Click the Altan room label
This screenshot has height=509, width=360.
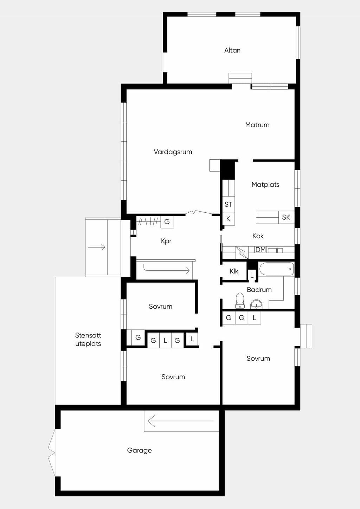232,50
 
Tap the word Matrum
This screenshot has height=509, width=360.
257,125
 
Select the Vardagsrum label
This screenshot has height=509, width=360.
173,152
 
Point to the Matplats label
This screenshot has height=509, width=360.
265,185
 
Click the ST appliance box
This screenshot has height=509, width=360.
229,204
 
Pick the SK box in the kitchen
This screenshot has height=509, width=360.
287,217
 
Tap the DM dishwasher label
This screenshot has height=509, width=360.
261,250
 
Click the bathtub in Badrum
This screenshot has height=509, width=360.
277,269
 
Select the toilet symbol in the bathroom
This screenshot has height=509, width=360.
240,301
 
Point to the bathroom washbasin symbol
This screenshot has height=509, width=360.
256,304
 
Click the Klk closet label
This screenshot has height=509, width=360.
234,271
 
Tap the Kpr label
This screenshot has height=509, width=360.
166,241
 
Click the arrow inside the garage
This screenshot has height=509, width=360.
181,421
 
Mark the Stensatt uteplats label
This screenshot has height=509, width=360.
88,340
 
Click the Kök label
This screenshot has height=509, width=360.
258,236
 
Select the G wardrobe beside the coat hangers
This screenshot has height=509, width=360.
167,222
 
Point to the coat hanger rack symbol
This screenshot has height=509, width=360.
148,221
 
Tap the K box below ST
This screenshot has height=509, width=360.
229,219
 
